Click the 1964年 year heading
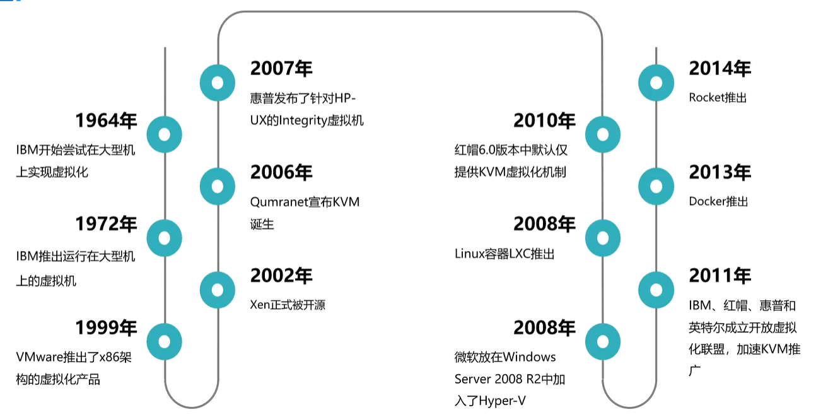click(106, 120)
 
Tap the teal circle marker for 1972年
click(165, 238)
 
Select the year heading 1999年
click(106, 327)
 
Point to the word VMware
click(39, 357)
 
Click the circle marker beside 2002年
click(218, 290)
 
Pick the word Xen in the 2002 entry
click(260, 305)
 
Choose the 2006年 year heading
click(281, 172)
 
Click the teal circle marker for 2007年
click(218, 83)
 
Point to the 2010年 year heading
click(544, 120)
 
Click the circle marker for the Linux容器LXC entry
click(602, 238)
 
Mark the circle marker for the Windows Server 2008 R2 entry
click(602, 341)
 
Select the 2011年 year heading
click(720, 276)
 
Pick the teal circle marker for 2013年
click(656, 186)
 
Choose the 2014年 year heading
click(720, 69)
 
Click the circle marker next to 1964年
click(165, 134)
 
